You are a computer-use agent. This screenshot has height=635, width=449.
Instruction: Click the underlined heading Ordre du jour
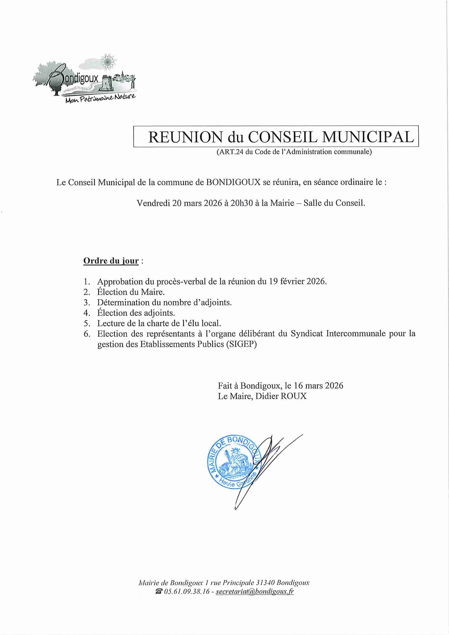click(x=111, y=261)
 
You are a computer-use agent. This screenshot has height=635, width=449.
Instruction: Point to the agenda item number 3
click(x=87, y=303)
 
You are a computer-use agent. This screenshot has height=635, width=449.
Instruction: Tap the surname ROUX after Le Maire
click(x=293, y=396)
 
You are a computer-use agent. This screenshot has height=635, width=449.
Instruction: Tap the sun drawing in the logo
click(x=107, y=62)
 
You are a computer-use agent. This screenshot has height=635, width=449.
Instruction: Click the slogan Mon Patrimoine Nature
click(x=100, y=99)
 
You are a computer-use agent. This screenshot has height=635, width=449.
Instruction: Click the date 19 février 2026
click(x=298, y=282)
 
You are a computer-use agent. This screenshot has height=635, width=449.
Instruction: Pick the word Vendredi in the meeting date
click(x=153, y=203)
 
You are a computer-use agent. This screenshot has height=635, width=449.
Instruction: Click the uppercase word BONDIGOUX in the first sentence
click(x=233, y=183)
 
